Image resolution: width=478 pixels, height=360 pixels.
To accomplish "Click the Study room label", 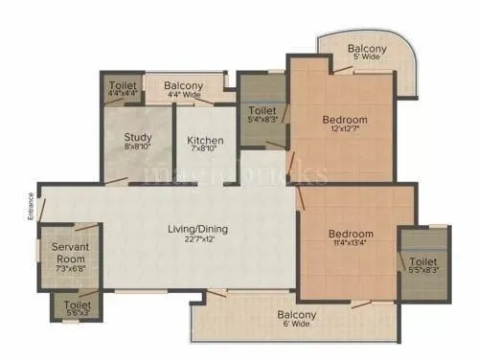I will click(x=138, y=138).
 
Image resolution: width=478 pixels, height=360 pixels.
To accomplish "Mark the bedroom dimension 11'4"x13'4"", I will click(x=350, y=243).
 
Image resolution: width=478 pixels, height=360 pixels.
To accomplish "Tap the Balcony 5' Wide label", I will click(x=366, y=54).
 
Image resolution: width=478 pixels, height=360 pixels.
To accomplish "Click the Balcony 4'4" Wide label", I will click(x=182, y=90).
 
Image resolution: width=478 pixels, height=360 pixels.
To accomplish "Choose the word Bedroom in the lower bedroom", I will click(x=350, y=233).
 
